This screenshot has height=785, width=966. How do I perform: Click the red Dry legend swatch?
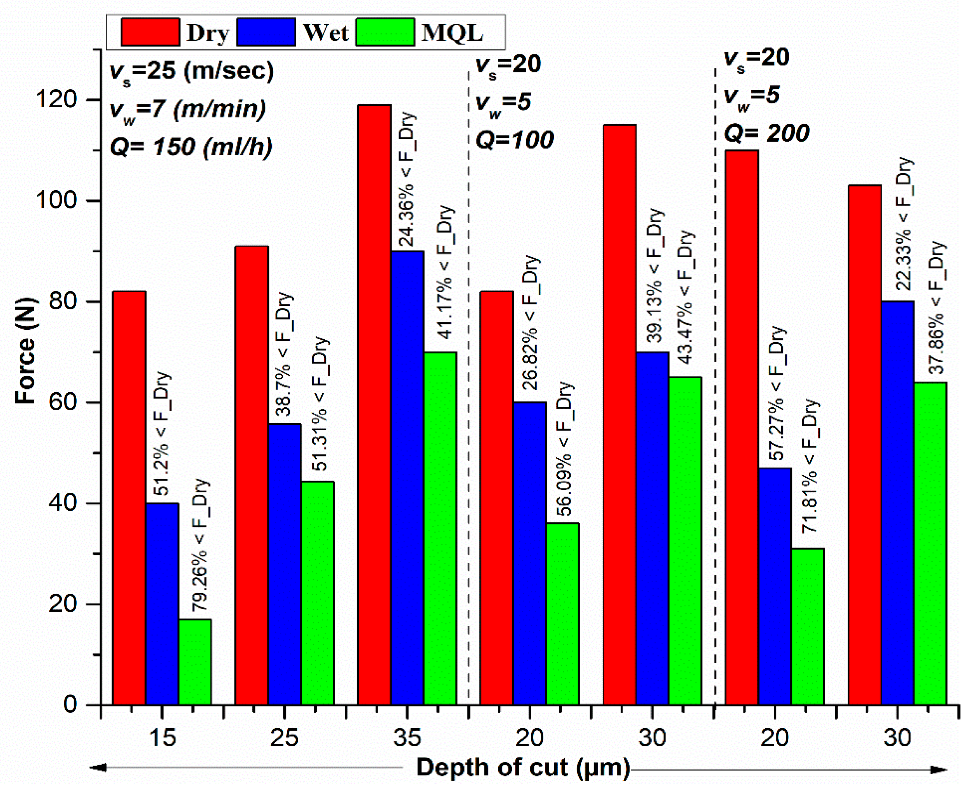coord(150,32)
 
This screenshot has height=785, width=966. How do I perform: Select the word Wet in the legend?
coord(325,33)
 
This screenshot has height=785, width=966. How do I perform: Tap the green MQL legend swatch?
coord(385,32)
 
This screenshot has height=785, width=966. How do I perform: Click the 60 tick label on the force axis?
coord(63,402)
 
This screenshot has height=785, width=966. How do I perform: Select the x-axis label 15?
coord(162,738)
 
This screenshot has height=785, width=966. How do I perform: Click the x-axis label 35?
coord(407,738)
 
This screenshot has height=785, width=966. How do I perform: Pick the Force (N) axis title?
coord(26,350)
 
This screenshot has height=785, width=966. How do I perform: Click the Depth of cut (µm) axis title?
coord(523,767)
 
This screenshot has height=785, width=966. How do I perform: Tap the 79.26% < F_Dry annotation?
coord(199,545)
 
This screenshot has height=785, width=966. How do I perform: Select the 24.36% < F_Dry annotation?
coord(406,179)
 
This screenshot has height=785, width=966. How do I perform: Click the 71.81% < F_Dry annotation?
coord(810,466)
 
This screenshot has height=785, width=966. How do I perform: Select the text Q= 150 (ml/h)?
coord(191,147)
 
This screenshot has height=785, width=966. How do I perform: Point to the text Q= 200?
coord(767,133)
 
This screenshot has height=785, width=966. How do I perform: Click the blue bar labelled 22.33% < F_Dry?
coord(897,502)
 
